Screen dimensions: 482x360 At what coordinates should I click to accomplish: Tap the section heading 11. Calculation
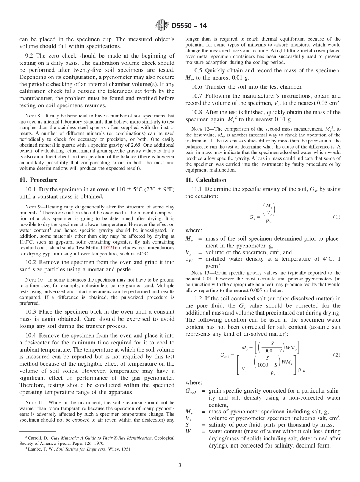pos(206,180)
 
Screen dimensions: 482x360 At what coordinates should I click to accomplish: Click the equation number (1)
pos(337,217)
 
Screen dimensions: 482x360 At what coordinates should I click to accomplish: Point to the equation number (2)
pos(337,355)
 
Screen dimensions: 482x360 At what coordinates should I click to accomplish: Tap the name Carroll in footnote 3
pos(37,438)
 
